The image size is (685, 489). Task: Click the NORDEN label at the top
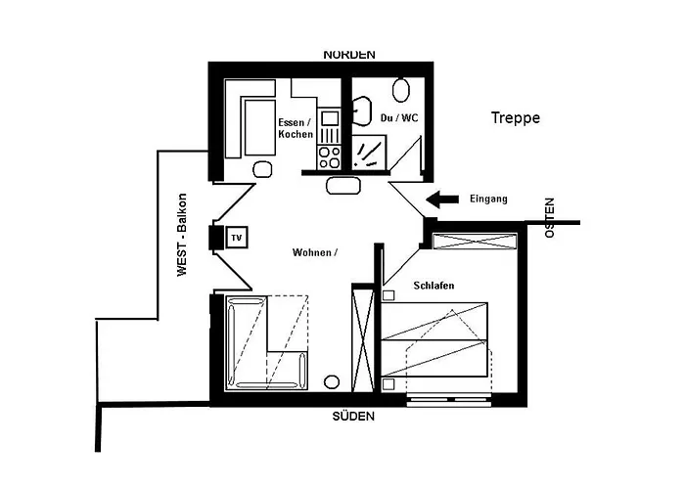[x=349, y=55]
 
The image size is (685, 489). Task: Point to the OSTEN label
[x=549, y=217]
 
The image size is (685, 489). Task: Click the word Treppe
[x=515, y=118]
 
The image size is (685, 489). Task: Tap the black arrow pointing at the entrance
[x=442, y=200]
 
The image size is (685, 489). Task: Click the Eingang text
[x=488, y=200]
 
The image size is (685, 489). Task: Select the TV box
[x=236, y=237]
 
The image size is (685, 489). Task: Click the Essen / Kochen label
[x=295, y=128]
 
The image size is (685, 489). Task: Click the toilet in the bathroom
[x=400, y=91]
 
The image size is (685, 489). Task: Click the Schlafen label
[x=434, y=286]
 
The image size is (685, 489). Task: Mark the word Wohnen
[x=314, y=252]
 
